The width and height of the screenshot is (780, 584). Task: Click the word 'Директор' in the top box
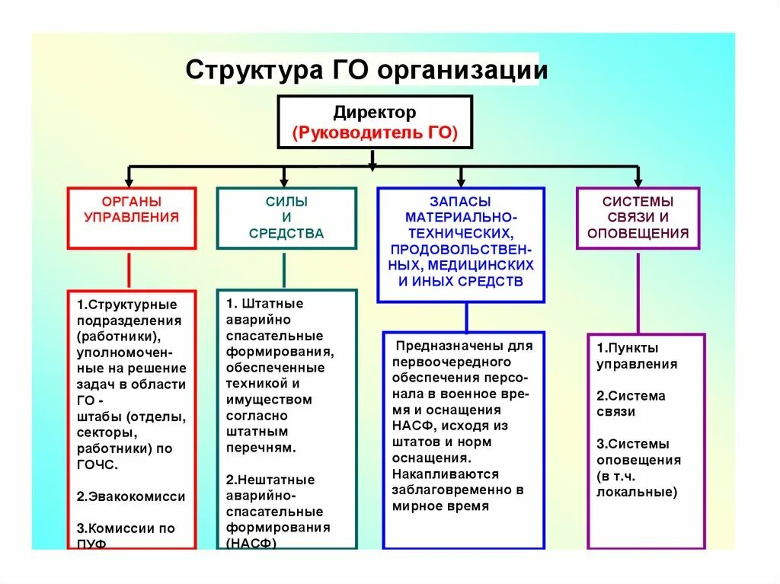click(374, 113)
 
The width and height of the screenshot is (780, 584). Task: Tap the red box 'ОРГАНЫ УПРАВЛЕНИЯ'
click(131, 217)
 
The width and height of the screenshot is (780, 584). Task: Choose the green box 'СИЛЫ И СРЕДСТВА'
click(286, 217)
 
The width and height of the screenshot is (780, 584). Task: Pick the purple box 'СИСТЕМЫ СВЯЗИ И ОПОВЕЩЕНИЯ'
click(638, 217)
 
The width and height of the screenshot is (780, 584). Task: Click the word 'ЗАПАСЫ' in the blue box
click(460, 201)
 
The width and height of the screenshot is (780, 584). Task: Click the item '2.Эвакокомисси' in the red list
click(130, 496)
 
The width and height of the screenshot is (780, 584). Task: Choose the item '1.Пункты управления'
click(636, 356)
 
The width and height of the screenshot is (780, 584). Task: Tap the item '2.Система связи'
click(631, 404)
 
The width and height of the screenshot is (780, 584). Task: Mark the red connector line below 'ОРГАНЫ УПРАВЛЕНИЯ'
click(129, 270)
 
